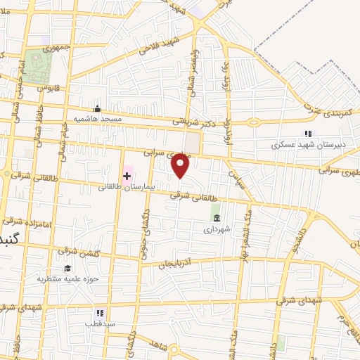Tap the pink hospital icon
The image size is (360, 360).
[127, 174]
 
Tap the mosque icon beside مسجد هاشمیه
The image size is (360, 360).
[97, 108]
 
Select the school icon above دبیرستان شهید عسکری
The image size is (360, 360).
[307, 134]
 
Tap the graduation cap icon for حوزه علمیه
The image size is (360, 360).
[68, 268]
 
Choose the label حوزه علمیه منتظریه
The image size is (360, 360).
[64, 278]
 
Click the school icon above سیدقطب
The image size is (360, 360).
[99, 313]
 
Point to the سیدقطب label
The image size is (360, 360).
[100, 324]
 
